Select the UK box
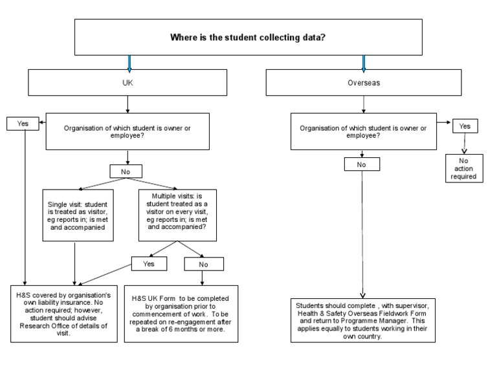tap(127, 83)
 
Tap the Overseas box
tap(363, 83)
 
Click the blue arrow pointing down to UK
tap(129, 63)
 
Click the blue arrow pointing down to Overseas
tap(364, 63)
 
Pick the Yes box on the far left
tap(22, 123)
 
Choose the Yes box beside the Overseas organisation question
tap(465, 126)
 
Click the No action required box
tap(464, 168)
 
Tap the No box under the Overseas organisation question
tap(362, 164)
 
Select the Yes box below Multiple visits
tap(149, 263)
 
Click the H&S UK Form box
tap(181, 313)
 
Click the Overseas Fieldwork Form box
tap(362, 320)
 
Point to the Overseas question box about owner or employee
tap(363, 131)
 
